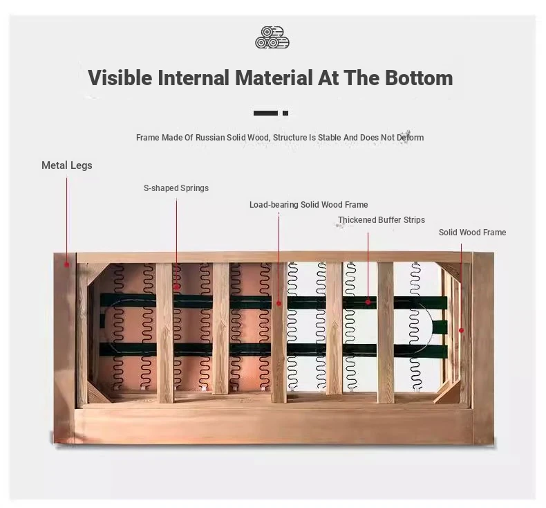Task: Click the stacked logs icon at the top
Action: click(272, 37)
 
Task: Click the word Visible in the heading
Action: click(120, 78)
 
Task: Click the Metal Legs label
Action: click(67, 165)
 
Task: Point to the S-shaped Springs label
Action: click(176, 188)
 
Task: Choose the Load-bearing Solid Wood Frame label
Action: click(308, 205)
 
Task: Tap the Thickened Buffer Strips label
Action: click(382, 220)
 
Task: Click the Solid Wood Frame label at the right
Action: click(472, 233)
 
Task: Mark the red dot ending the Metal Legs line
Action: click(67, 264)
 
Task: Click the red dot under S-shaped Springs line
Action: click(176, 287)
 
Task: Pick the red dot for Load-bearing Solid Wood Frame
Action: click(279, 304)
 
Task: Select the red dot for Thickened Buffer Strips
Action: click(368, 302)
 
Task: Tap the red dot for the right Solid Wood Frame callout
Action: click(462, 330)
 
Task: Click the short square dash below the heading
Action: click(285, 113)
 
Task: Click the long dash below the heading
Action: click(265, 113)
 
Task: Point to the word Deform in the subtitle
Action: click(411, 137)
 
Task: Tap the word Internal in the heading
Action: click(194, 78)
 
